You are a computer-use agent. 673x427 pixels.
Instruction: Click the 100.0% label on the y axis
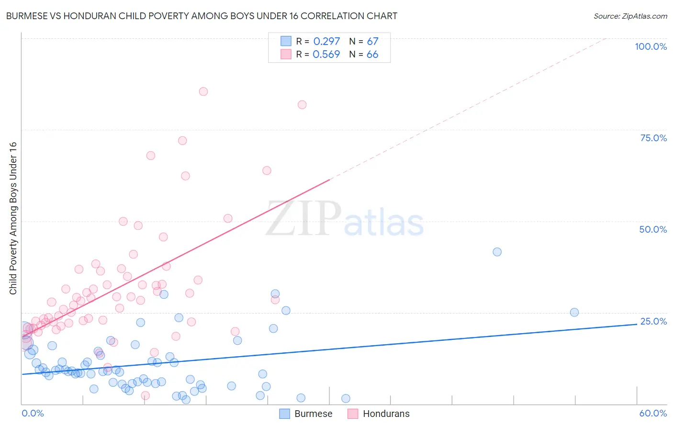651,46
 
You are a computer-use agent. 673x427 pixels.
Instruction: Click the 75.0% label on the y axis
653,138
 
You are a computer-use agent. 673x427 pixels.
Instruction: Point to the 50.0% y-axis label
653,229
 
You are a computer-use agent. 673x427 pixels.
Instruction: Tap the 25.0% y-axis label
653,321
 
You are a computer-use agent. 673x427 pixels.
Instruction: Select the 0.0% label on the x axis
33,413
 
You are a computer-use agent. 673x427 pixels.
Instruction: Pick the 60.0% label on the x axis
653,413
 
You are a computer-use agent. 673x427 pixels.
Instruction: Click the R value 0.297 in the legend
326,42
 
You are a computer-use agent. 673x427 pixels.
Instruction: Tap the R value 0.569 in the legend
326,55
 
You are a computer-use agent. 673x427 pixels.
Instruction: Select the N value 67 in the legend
372,42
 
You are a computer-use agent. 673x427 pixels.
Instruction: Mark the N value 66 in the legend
372,55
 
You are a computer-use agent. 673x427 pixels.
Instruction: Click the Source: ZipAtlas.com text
630,16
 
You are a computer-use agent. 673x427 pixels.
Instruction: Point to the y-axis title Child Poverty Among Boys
13,218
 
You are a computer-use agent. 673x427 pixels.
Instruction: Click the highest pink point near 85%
203,91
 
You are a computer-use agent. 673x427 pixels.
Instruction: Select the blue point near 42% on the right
497,252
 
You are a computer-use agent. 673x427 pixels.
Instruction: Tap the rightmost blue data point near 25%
574,312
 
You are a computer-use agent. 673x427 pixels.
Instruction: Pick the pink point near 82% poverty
302,105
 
